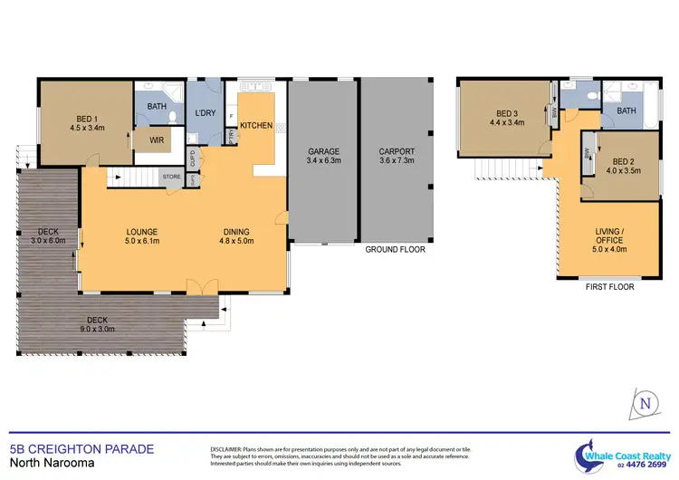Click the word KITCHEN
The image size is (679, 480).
(x=256, y=125)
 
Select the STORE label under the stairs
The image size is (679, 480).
(x=169, y=177)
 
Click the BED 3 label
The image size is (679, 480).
(x=504, y=112)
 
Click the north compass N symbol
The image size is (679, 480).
(x=645, y=403)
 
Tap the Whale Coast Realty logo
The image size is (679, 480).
(x=619, y=452)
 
